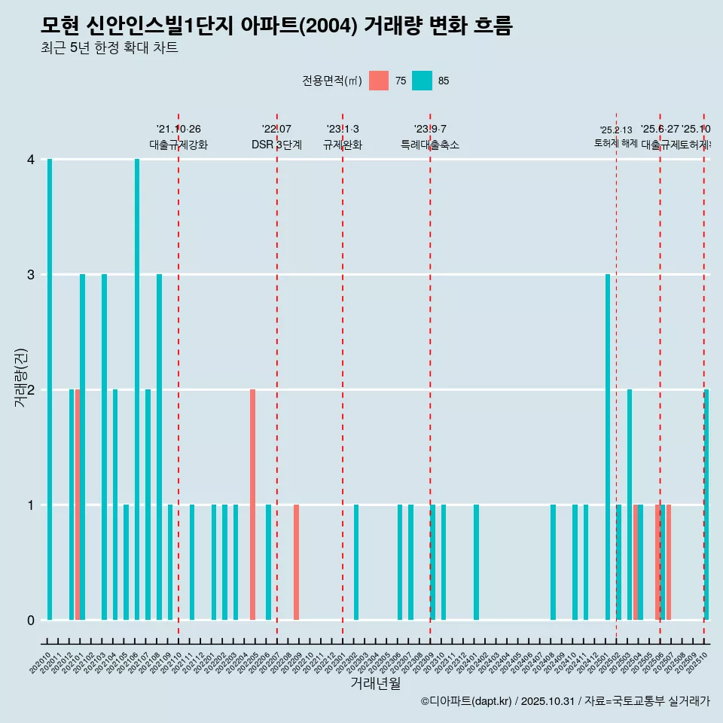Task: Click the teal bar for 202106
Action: coord(137,389)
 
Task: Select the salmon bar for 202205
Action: coord(252,505)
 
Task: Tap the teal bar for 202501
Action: coord(608,447)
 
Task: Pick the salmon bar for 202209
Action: coord(296,562)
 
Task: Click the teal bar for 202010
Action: coord(50,389)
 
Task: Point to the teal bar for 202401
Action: coord(476,562)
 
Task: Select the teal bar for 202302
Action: coord(356,562)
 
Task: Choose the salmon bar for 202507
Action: coord(668,562)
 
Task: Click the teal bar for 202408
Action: coord(553,562)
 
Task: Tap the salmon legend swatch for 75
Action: coord(379,81)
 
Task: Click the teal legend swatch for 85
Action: coord(422,81)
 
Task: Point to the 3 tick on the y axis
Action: coord(31,275)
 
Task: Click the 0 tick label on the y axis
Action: coord(31,620)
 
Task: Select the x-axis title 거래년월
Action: coord(375,683)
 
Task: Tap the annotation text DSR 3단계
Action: coord(276,145)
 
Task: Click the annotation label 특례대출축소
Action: coord(429,145)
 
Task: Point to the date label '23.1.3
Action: coord(343,129)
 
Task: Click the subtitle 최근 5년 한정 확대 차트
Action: coord(109,48)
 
